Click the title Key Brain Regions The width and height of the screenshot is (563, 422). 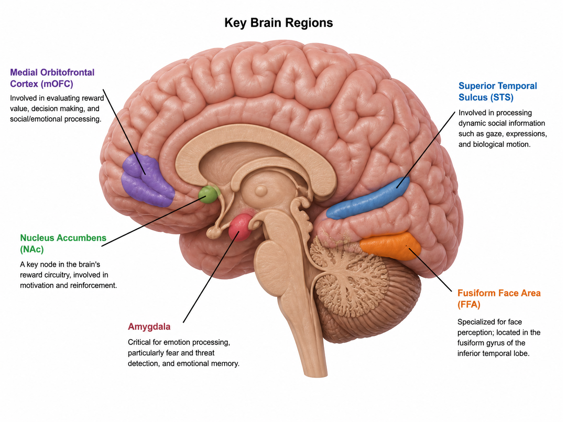tap(279, 23)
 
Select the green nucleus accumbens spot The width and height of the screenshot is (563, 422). tap(208, 195)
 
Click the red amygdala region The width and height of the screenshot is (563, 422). tap(240, 227)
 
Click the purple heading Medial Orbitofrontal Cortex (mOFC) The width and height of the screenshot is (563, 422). tap(52, 78)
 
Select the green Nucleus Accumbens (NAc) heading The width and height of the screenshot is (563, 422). tap(63, 243)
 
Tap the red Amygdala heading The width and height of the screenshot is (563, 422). tap(149, 327)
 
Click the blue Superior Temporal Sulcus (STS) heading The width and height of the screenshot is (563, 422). tap(498, 91)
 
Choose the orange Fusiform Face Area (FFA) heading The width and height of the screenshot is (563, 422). tap(499, 298)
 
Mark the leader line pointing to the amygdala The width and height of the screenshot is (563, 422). tap(211, 277)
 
